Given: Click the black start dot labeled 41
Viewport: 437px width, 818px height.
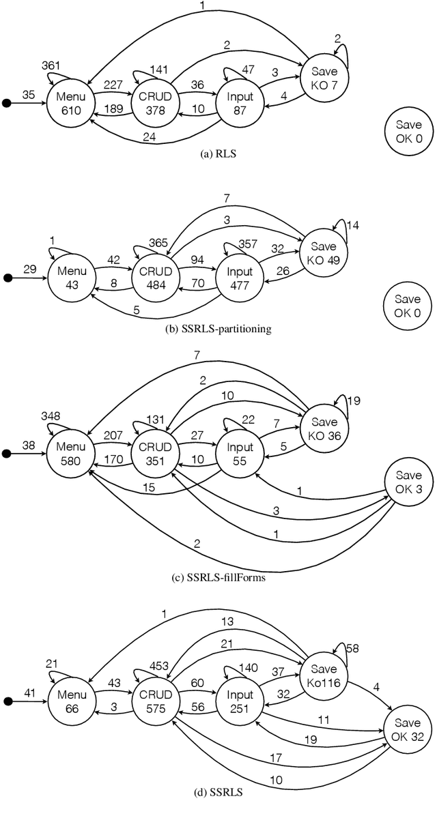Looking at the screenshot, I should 8,700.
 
